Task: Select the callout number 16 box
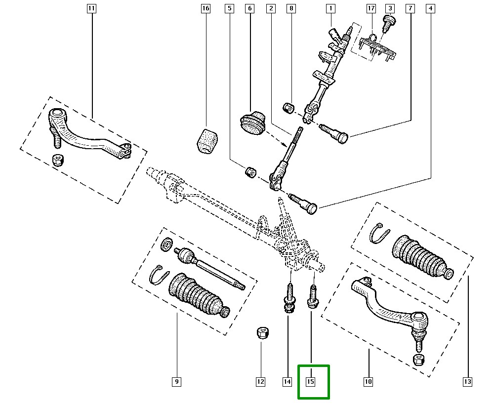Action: [206, 8]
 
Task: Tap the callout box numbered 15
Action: [311, 381]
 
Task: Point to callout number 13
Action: [467, 381]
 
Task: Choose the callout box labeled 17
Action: [371, 8]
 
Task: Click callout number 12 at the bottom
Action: [260, 381]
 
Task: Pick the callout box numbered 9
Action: [176, 381]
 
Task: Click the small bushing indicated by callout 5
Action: [250, 172]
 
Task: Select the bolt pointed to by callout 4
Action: [304, 203]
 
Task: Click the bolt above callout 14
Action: [288, 299]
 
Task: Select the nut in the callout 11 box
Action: [58, 160]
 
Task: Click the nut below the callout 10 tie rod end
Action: [419, 359]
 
